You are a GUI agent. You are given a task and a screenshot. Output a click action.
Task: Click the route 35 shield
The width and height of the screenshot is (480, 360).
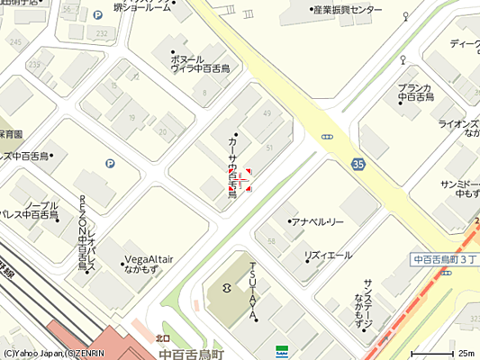point(359,164)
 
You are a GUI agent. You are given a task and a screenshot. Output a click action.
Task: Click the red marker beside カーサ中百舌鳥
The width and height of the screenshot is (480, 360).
point(240,178)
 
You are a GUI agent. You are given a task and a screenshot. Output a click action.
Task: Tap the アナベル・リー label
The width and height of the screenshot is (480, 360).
point(317,221)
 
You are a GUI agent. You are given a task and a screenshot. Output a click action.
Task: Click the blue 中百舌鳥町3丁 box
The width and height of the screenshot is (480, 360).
point(443,259)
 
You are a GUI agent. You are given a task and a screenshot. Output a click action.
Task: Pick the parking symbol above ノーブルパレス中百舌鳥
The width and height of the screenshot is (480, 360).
point(111,164)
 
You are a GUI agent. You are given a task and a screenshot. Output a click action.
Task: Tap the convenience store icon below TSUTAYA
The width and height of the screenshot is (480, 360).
point(282,348)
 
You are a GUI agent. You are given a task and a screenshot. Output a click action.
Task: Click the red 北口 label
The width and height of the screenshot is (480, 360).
point(163,339)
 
